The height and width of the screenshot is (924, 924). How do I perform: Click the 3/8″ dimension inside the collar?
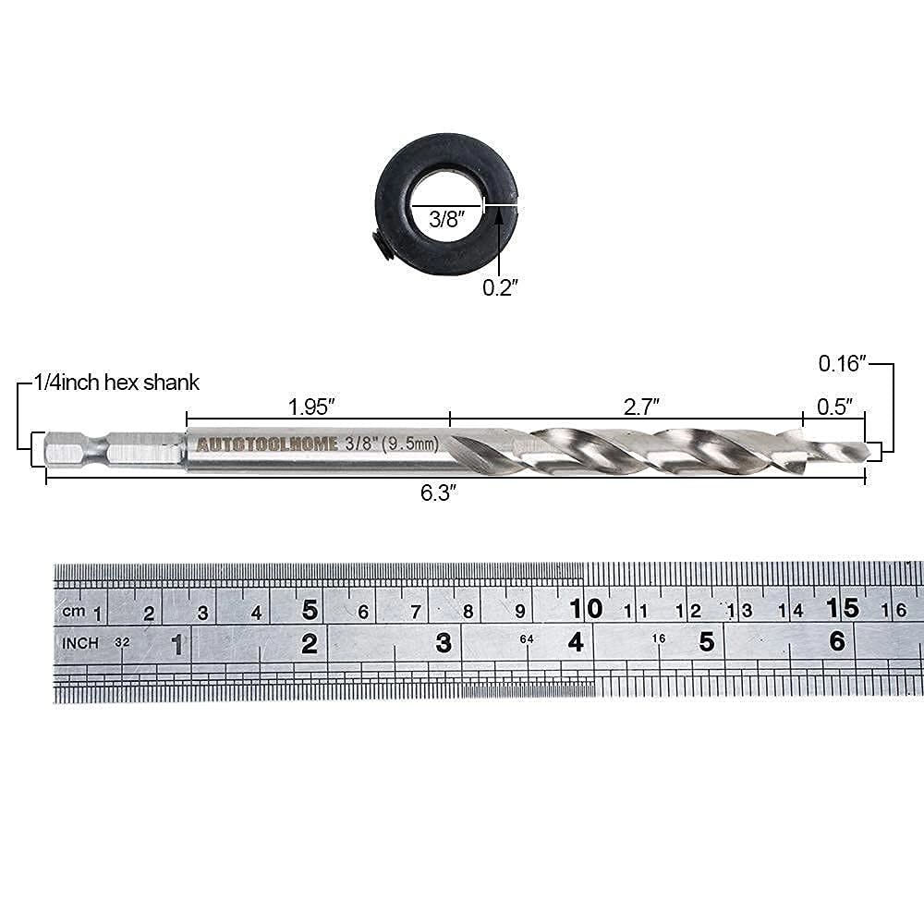[447, 219]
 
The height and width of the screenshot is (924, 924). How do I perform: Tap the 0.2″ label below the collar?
[500, 287]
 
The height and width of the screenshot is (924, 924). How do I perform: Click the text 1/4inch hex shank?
[116, 382]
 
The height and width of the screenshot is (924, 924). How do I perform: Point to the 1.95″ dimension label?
[310, 406]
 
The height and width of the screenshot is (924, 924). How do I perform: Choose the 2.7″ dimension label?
[641, 406]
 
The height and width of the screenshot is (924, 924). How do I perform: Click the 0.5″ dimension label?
[834, 406]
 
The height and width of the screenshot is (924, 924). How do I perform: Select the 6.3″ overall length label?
[439, 493]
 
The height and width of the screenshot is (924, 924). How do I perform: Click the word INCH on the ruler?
[80, 641]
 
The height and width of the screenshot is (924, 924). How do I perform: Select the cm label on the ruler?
[73, 612]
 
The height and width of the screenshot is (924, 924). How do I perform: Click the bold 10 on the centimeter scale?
[586, 609]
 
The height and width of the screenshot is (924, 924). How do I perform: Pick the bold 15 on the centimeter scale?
[843, 609]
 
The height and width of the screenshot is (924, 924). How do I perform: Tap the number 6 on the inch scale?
[837, 640]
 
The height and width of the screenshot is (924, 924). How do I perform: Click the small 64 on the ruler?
[527, 639]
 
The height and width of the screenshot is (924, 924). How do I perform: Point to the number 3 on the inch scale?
[444, 642]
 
